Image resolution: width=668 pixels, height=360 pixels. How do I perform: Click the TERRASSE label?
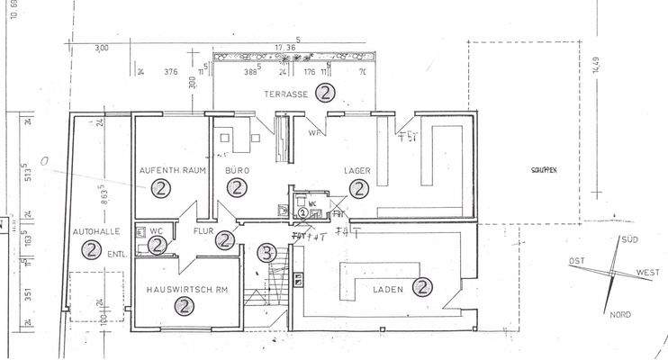pyautogui.click(x=285, y=94)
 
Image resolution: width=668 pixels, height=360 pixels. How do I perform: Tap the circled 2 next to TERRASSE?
pyautogui.click(x=326, y=92)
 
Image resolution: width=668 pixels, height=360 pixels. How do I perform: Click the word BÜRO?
pyautogui.click(x=237, y=169)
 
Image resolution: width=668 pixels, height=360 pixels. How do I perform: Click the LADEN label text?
pyautogui.click(x=387, y=289)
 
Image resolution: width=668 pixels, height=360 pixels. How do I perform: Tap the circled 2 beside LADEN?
pyautogui.click(x=420, y=287)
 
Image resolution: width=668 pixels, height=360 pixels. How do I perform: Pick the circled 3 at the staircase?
pyautogui.click(x=266, y=252)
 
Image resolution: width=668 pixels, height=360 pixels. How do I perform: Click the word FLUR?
pyautogui.click(x=202, y=230)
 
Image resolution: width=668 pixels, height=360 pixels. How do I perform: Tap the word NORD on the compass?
pyautogui.click(x=619, y=314)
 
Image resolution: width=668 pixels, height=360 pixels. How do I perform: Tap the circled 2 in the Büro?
pyautogui.click(x=237, y=188)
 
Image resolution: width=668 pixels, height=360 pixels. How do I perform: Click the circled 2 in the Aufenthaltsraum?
pyautogui.click(x=161, y=188)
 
